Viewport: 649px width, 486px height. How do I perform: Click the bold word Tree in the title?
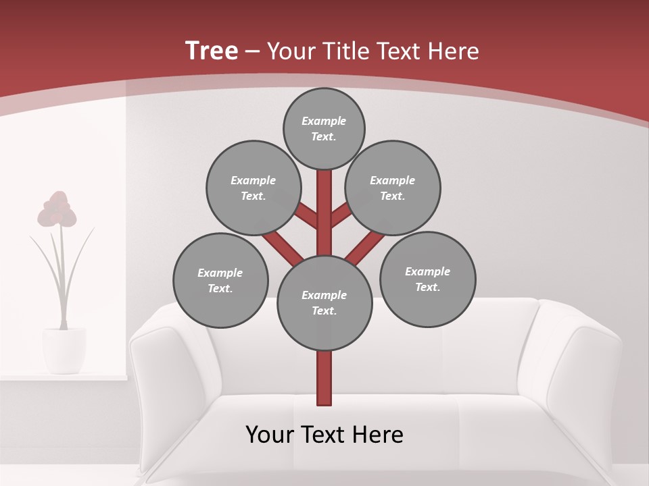(x=212, y=51)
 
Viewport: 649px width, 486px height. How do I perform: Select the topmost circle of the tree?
(x=324, y=128)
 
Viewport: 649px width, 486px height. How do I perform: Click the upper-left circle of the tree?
(x=253, y=188)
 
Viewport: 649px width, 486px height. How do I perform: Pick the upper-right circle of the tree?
(x=393, y=188)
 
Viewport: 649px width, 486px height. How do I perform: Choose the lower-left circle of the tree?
(x=220, y=280)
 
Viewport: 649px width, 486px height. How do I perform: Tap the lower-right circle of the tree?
(x=427, y=279)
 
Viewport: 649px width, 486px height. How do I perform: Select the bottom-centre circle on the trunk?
(x=324, y=302)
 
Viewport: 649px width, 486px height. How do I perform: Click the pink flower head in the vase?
(x=57, y=210)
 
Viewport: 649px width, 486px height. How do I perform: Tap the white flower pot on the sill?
(x=64, y=350)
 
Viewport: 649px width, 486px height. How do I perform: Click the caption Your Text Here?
(x=324, y=435)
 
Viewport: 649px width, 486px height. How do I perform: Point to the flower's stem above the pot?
(x=64, y=283)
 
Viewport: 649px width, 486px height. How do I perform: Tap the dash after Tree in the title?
(x=253, y=52)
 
